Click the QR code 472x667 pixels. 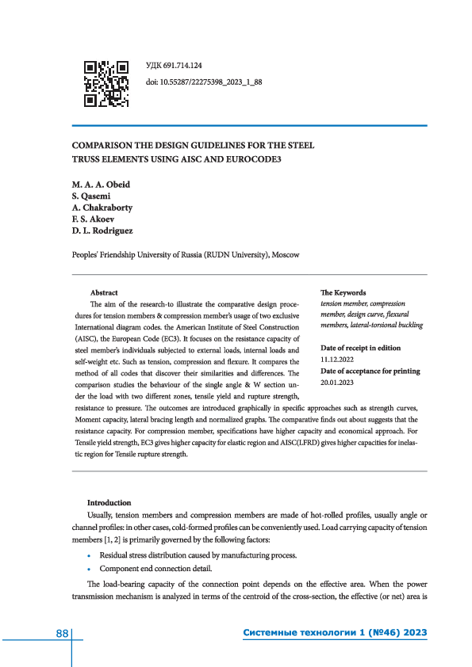106,82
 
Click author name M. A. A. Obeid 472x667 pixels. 102,185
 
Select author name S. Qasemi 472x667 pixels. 94,196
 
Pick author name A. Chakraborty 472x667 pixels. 103,208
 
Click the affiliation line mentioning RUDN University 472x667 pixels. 186,255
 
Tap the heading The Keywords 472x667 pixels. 343,292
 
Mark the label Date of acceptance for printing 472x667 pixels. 370,371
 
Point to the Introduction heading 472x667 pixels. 109,502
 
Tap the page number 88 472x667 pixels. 62,633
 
